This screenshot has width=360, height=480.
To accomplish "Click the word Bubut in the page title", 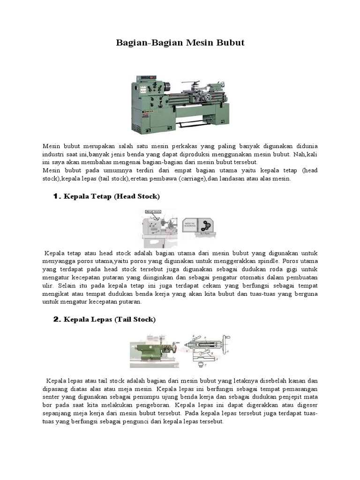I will [228, 43].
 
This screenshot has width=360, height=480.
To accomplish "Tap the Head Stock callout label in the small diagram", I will [153, 212].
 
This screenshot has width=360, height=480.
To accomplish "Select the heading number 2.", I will [56, 319].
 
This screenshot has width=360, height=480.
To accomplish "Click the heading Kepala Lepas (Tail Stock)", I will [109, 319].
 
